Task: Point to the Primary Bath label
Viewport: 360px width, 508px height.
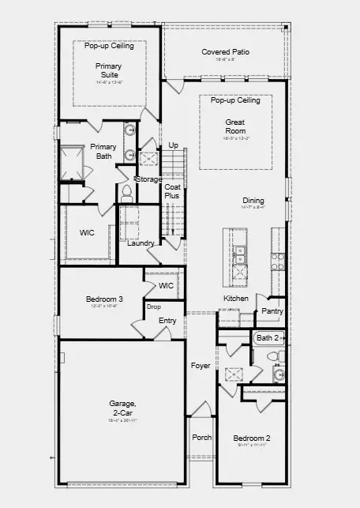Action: click(x=103, y=151)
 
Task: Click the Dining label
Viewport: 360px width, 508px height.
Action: click(x=253, y=201)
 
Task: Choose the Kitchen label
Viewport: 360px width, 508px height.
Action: click(x=235, y=299)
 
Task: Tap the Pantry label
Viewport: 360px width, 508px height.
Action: click(x=272, y=311)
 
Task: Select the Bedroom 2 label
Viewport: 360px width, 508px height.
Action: click(x=252, y=438)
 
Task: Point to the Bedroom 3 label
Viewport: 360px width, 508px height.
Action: click(x=104, y=299)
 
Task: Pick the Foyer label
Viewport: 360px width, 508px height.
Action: click(x=201, y=366)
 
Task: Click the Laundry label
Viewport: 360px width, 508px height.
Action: click(x=141, y=243)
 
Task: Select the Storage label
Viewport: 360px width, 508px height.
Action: click(x=148, y=179)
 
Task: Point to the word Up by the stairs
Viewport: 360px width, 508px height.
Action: click(x=173, y=145)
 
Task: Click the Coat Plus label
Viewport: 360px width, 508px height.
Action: click(x=172, y=190)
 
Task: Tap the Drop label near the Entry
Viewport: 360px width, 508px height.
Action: click(x=153, y=306)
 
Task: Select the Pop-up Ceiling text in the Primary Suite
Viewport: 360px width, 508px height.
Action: click(x=110, y=46)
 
